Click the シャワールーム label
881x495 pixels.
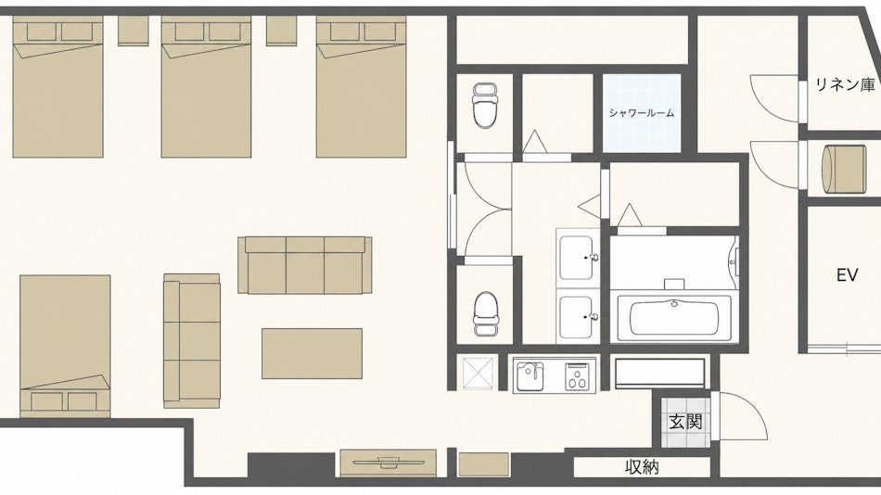click(x=641, y=113)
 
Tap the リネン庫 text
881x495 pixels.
click(x=845, y=85)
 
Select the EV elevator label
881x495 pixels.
click(x=847, y=275)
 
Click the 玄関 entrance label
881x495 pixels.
click(x=685, y=422)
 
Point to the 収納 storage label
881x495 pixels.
click(x=642, y=467)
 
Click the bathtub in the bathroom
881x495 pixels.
click(x=673, y=318)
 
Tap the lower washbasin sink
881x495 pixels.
click(x=578, y=317)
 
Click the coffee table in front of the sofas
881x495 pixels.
click(x=312, y=353)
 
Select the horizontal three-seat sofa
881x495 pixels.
click(x=304, y=264)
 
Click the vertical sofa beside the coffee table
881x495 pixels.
click(x=192, y=341)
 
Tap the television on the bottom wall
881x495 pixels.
click(x=389, y=463)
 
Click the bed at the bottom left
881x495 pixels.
click(x=65, y=346)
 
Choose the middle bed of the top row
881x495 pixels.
click(x=206, y=86)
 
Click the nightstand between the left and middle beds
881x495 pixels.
click(x=134, y=31)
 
